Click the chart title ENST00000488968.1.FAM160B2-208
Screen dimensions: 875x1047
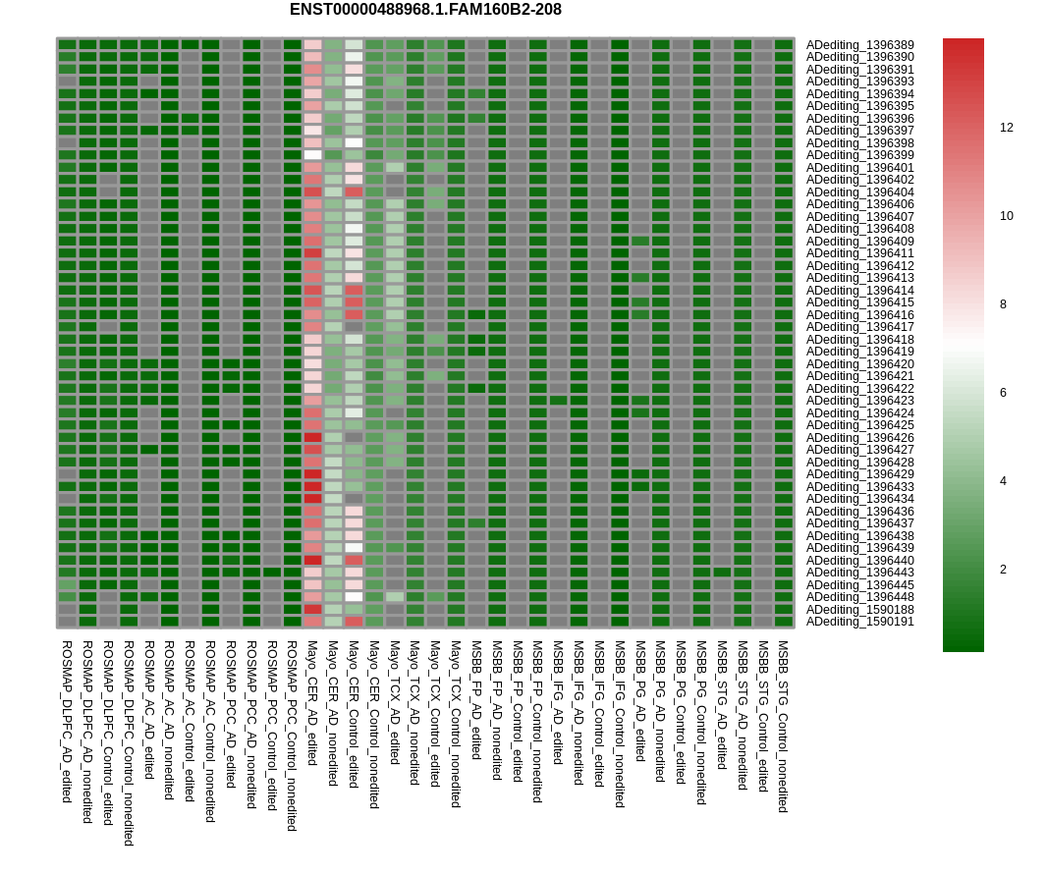point(425,10)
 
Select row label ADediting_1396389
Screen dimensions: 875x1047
point(859,45)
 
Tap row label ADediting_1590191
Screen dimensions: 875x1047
point(859,622)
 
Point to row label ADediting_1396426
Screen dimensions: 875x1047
point(859,438)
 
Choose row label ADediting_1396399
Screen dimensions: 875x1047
point(859,155)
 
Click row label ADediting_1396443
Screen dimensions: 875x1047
point(859,573)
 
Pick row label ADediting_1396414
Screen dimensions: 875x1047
point(859,291)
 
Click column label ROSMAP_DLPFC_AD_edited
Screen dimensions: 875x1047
point(67,722)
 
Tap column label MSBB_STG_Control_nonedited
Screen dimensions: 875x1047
point(783,727)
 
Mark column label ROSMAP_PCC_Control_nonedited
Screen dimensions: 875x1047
point(292,737)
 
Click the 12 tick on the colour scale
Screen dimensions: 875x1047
point(1007,128)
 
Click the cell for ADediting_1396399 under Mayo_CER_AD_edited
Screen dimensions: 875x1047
point(312,155)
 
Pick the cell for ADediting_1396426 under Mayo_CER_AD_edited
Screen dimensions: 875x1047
point(312,438)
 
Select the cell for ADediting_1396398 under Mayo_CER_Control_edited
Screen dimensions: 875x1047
point(354,143)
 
